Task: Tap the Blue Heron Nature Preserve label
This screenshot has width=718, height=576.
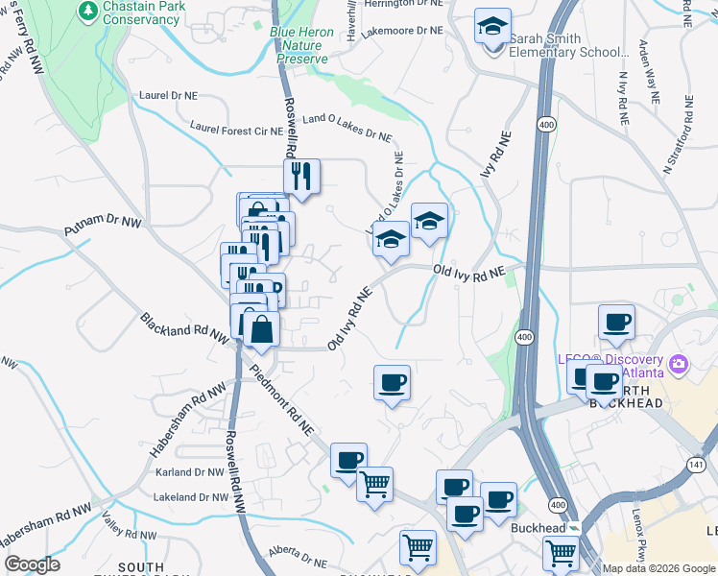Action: click(301, 45)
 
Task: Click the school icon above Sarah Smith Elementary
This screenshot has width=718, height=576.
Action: click(492, 27)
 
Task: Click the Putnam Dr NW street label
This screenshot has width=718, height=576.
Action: click(103, 227)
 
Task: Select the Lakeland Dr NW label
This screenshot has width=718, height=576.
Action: click(191, 497)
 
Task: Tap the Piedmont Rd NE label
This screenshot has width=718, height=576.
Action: click(281, 400)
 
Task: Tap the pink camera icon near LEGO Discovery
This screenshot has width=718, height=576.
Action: click(680, 363)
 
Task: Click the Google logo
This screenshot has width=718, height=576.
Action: click(32, 564)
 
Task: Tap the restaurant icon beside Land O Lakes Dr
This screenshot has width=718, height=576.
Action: click(301, 176)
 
